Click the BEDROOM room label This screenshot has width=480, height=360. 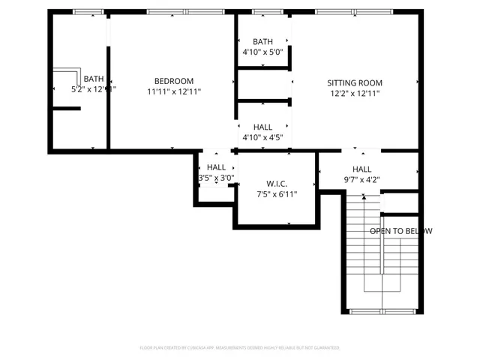pyautogui.click(x=174, y=81)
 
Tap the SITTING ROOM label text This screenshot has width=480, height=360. pyautogui.click(x=355, y=82)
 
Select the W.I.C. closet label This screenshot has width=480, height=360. pyautogui.click(x=277, y=184)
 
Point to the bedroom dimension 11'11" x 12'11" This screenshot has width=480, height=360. pyautogui.click(x=174, y=91)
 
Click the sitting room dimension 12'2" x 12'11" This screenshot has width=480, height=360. pyautogui.click(x=355, y=93)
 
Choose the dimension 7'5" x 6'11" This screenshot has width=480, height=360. pyautogui.click(x=277, y=194)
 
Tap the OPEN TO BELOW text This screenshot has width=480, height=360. pyautogui.click(x=400, y=231)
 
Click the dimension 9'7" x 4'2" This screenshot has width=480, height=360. pyautogui.click(x=361, y=180)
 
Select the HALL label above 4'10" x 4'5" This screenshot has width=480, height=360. pyautogui.click(x=262, y=127)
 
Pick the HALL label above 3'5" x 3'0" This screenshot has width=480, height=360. pyautogui.click(x=216, y=167)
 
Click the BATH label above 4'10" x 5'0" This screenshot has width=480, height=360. pyautogui.click(x=262, y=42)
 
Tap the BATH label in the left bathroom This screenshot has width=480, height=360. pyautogui.click(x=94, y=79)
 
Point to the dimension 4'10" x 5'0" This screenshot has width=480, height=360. pyautogui.click(x=262, y=52)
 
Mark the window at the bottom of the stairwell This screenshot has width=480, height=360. pyautogui.click(x=382, y=311)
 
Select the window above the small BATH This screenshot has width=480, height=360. pyautogui.click(x=262, y=12)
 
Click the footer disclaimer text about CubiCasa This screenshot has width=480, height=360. pyautogui.click(x=240, y=348)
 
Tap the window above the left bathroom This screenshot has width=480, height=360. pyautogui.click(x=88, y=12)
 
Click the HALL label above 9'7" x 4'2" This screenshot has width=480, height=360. pyautogui.click(x=361, y=169)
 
